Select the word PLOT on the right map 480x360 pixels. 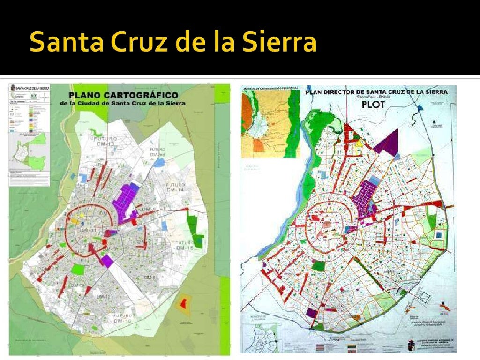tap(373, 104)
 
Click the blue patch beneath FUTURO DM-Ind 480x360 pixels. tap(159, 162)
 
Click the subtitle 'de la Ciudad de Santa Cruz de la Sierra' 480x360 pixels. tap(126, 104)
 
